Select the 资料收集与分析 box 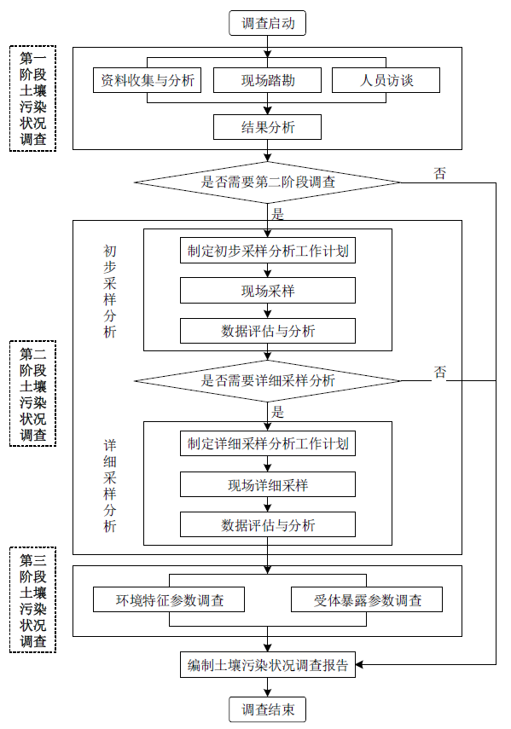coord(148,82)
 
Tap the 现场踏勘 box coord(267,82)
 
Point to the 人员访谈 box coord(386,82)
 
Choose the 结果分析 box coord(267,127)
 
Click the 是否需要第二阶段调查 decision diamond coord(267,182)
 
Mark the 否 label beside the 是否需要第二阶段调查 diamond coord(440,174)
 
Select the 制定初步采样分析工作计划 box coord(267,252)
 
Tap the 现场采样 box coord(267,291)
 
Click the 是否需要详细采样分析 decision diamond coord(267,380)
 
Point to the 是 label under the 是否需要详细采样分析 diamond coord(277,412)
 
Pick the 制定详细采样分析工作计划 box coord(267,444)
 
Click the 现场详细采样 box coord(267,484)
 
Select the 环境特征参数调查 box coord(169,599)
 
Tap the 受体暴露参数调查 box coord(367,599)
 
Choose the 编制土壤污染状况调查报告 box coord(267,665)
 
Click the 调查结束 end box coord(267,709)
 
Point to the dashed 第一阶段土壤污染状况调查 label coord(32,99)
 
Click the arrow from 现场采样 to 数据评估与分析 coord(267,310)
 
